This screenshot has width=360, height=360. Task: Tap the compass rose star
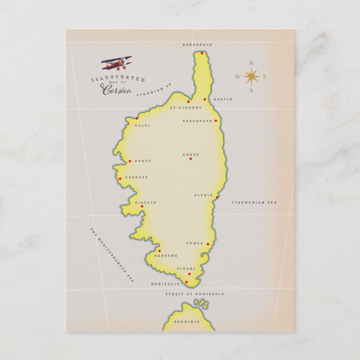click(x=251, y=76)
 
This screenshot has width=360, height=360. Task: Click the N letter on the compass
click(x=251, y=62)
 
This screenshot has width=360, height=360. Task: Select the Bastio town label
click(x=223, y=100)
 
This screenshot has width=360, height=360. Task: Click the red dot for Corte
click(x=191, y=159)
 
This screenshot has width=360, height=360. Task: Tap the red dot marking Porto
click(x=130, y=162)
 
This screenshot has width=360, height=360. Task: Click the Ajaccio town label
click(x=145, y=202)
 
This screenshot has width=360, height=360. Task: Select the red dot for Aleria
click(x=217, y=197)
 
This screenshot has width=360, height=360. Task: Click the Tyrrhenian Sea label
click(x=255, y=202)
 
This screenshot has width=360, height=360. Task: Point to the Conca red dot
click(x=208, y=244)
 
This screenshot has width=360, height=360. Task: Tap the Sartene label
click(x=166, y=255)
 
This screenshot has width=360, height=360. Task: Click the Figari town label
click(x=186, y=269)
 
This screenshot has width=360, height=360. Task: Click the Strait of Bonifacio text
click(x=195, y=293)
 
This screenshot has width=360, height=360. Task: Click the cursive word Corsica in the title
click(x=117, y=91)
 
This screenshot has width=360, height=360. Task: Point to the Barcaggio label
click(x=198, y=44)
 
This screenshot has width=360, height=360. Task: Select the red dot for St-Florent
click(x=188, y=102)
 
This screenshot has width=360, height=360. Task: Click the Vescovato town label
click(x=197, y=121)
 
